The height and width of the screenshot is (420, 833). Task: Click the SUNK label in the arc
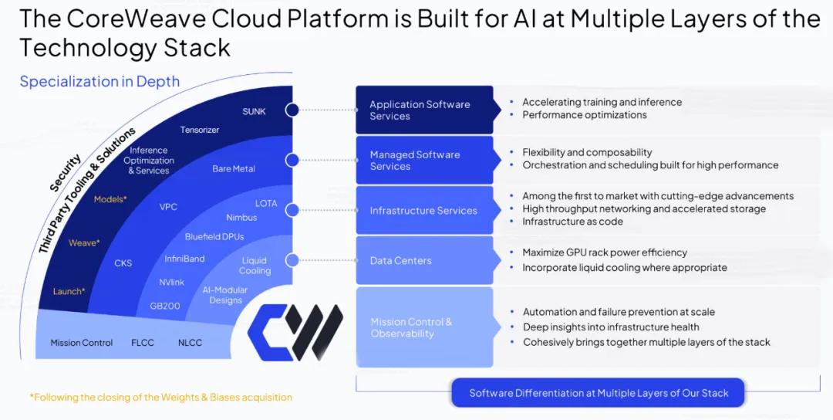(x=254, y=111)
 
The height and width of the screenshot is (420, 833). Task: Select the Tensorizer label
(x=200, y=130)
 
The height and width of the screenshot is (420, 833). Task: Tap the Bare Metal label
(x=233, y=168)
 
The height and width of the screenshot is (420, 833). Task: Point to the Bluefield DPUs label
(x=214, y=237)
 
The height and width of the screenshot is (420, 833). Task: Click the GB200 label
(x=165, y=306)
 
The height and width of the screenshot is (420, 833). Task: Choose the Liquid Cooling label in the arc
(x=255, y=266)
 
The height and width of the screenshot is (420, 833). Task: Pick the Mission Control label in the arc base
(x=82, y=343)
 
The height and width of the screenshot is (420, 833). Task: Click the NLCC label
(x=190, y=343)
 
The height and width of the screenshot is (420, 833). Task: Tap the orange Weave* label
(x=84, y=243)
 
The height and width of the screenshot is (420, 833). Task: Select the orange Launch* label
(x=69, y=291)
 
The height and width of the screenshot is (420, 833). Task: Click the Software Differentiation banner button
(x=599, y=393)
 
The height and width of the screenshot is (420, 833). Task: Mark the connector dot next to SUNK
(x=292, y=110)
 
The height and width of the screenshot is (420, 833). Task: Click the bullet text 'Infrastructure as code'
(x=572, y=222)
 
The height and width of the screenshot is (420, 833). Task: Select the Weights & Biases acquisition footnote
(x=161, y=397)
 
